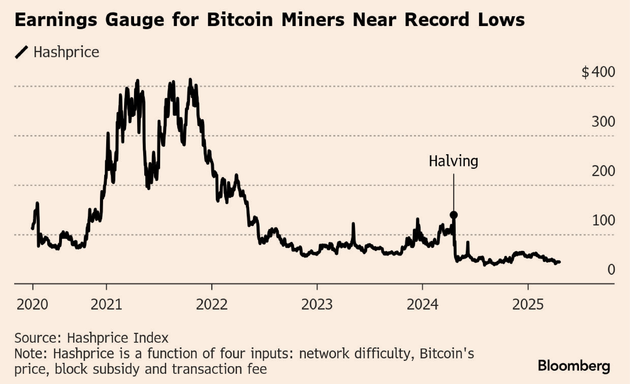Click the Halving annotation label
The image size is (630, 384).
453,162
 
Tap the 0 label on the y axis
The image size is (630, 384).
611,270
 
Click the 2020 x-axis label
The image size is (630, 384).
32,305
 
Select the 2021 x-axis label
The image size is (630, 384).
106,305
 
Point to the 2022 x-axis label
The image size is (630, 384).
212,305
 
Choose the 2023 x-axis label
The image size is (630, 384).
317,305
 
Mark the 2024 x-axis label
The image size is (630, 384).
422,305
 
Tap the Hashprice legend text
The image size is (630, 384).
66,53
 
